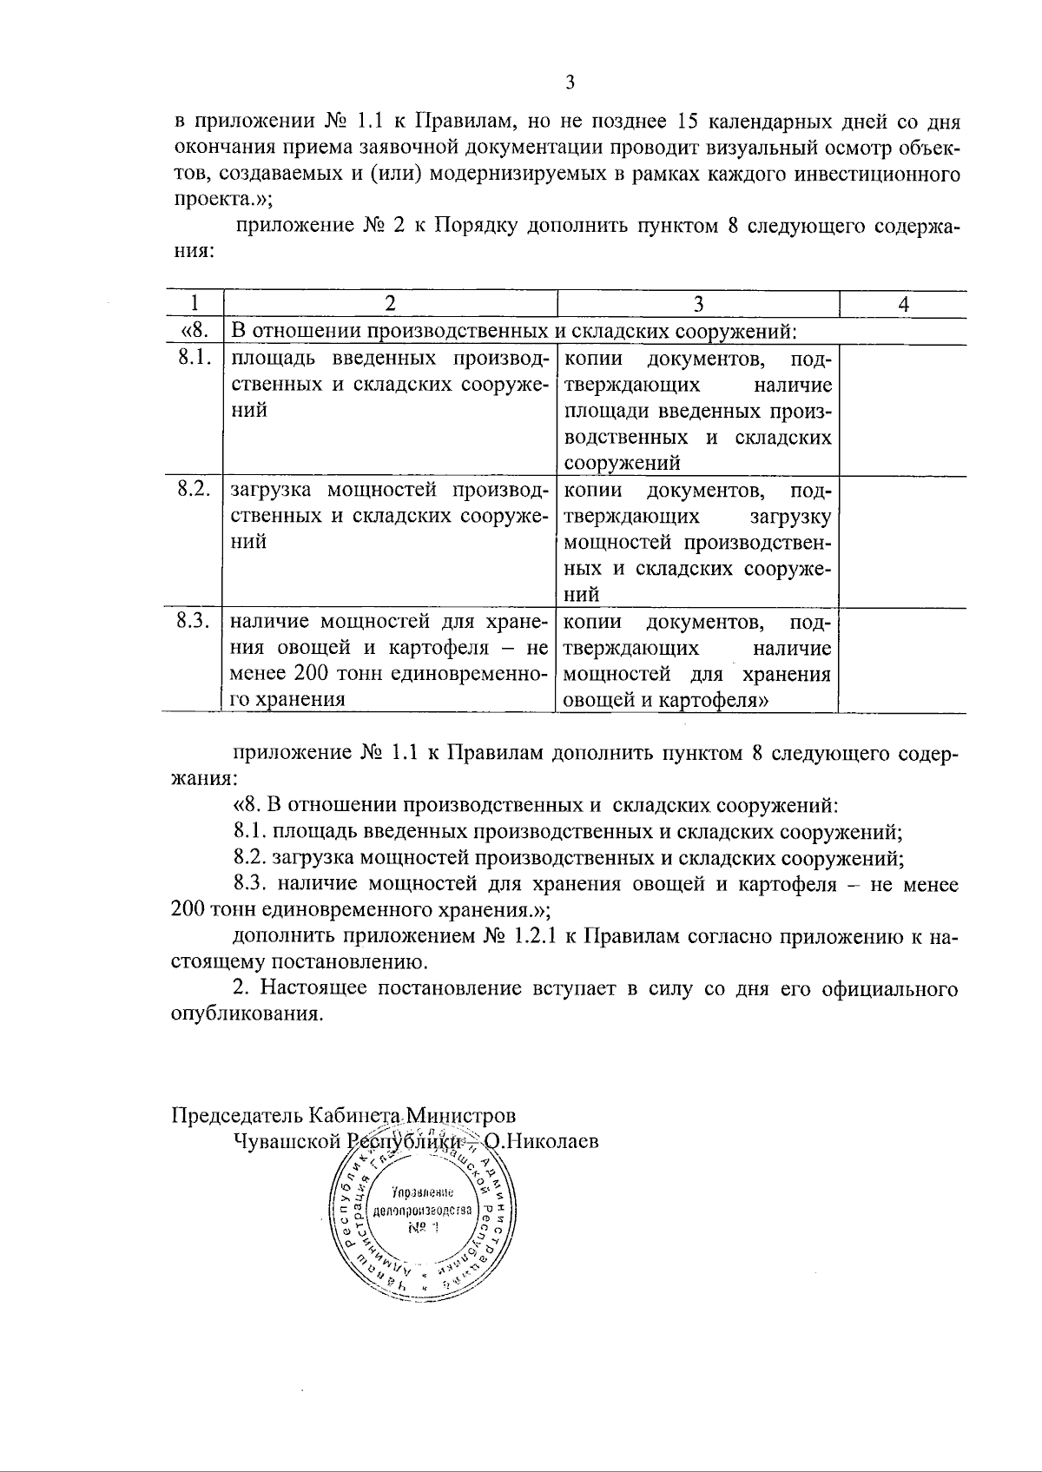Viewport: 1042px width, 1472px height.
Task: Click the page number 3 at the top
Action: coord(570,83)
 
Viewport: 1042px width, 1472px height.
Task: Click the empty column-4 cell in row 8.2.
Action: coord(903,540)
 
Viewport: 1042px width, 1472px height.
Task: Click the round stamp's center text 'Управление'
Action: coord(421,1191)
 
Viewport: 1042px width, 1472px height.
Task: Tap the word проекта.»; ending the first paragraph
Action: coord(223,199)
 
